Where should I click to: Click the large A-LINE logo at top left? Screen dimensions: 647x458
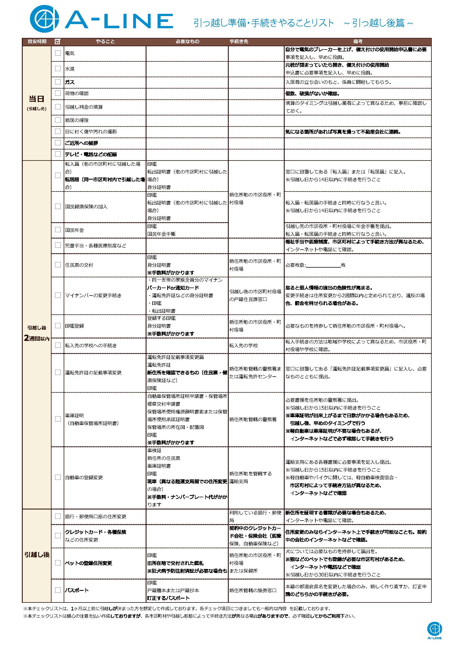(x=102, y=19)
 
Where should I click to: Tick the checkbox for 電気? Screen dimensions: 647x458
(x=58, y=53)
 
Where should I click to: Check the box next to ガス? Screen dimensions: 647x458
(x=58, y=82)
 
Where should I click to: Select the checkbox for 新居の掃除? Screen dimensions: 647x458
(x=58, y=120)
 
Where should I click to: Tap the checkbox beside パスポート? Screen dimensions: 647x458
(x=58, y=590)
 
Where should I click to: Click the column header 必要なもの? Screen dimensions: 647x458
(x=187, y=42)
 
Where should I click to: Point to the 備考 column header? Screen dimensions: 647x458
(x=357, y=42)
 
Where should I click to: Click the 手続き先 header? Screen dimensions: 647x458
(x=239, y=42)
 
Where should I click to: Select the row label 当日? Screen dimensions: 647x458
(x=37, y=99)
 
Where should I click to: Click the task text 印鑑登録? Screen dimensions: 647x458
(x=74, y=326)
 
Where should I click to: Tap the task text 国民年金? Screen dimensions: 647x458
(x=74, y=230)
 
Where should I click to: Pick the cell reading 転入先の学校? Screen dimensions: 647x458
(x=243, y=345)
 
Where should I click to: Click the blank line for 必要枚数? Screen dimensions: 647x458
(x=323, y=265)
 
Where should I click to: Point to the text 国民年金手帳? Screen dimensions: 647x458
(x=161, y=234)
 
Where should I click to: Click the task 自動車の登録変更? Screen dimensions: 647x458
(x=84, y=478)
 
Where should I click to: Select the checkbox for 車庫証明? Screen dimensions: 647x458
(x=58, y=419)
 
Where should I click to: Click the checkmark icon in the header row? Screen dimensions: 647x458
(x=58, y=42)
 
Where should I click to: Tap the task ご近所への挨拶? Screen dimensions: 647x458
(x=81, y=143)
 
